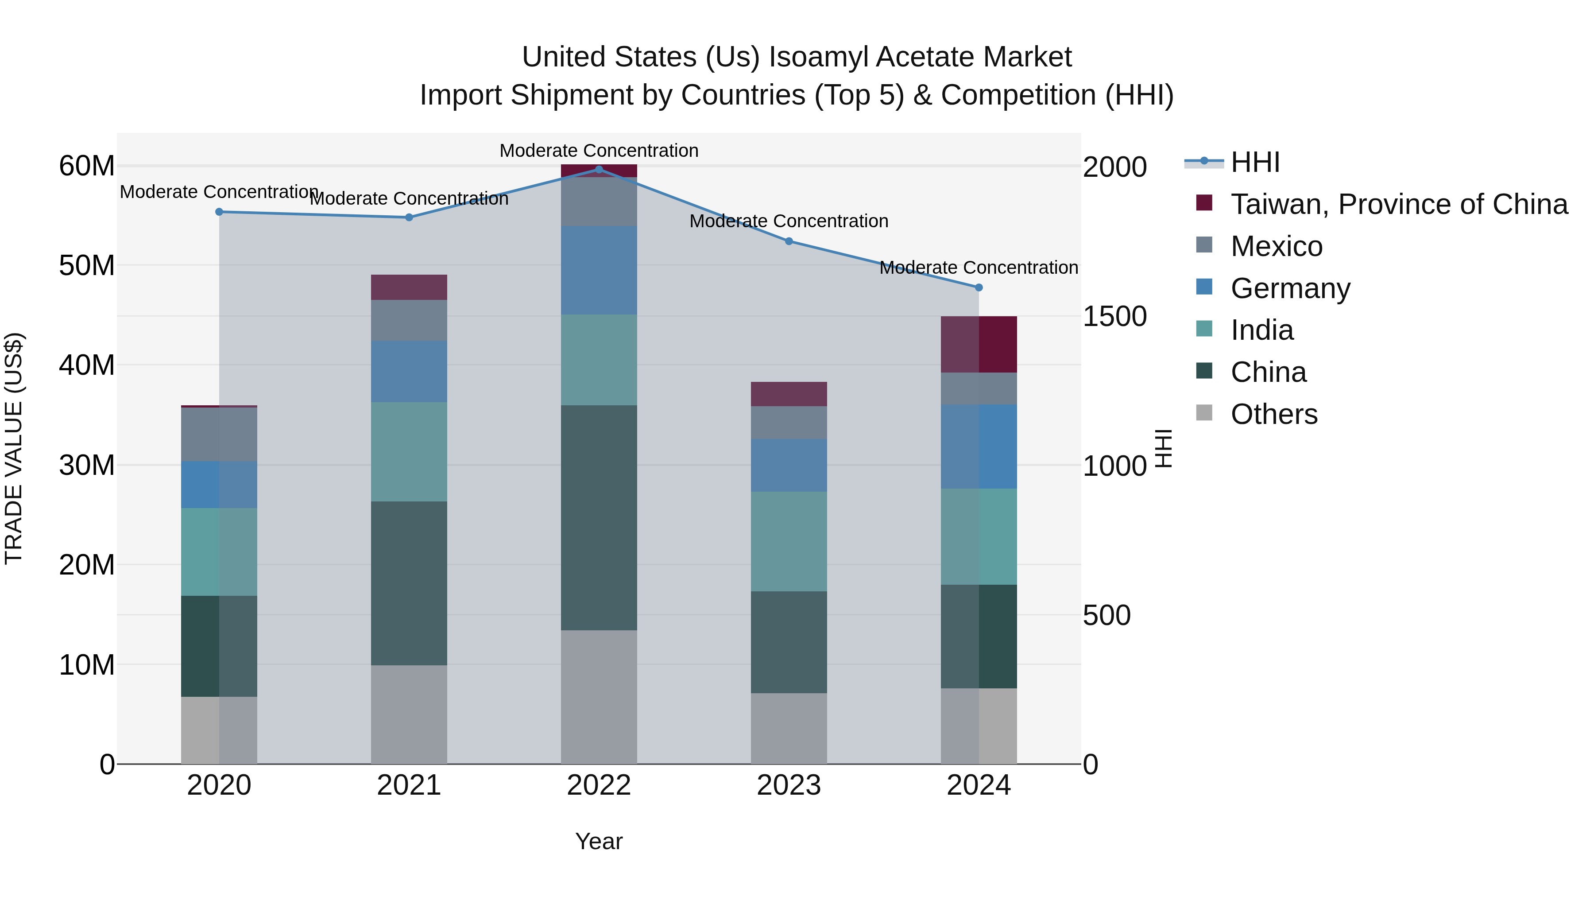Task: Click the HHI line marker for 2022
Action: (598, 170)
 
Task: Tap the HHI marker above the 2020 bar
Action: (219, 212)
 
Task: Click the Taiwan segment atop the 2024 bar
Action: (978, 344)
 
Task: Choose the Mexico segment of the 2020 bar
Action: (219, 434)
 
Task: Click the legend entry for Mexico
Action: (1276, 246)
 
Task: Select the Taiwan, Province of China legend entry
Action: (1398, 204)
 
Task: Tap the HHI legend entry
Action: (1255, 162)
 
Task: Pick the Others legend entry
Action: (1273, 414)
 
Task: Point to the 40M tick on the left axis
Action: (87, 365)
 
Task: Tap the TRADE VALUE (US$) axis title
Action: (14, 448)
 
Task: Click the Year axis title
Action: (598, 841)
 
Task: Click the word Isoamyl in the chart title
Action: (818, 57)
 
